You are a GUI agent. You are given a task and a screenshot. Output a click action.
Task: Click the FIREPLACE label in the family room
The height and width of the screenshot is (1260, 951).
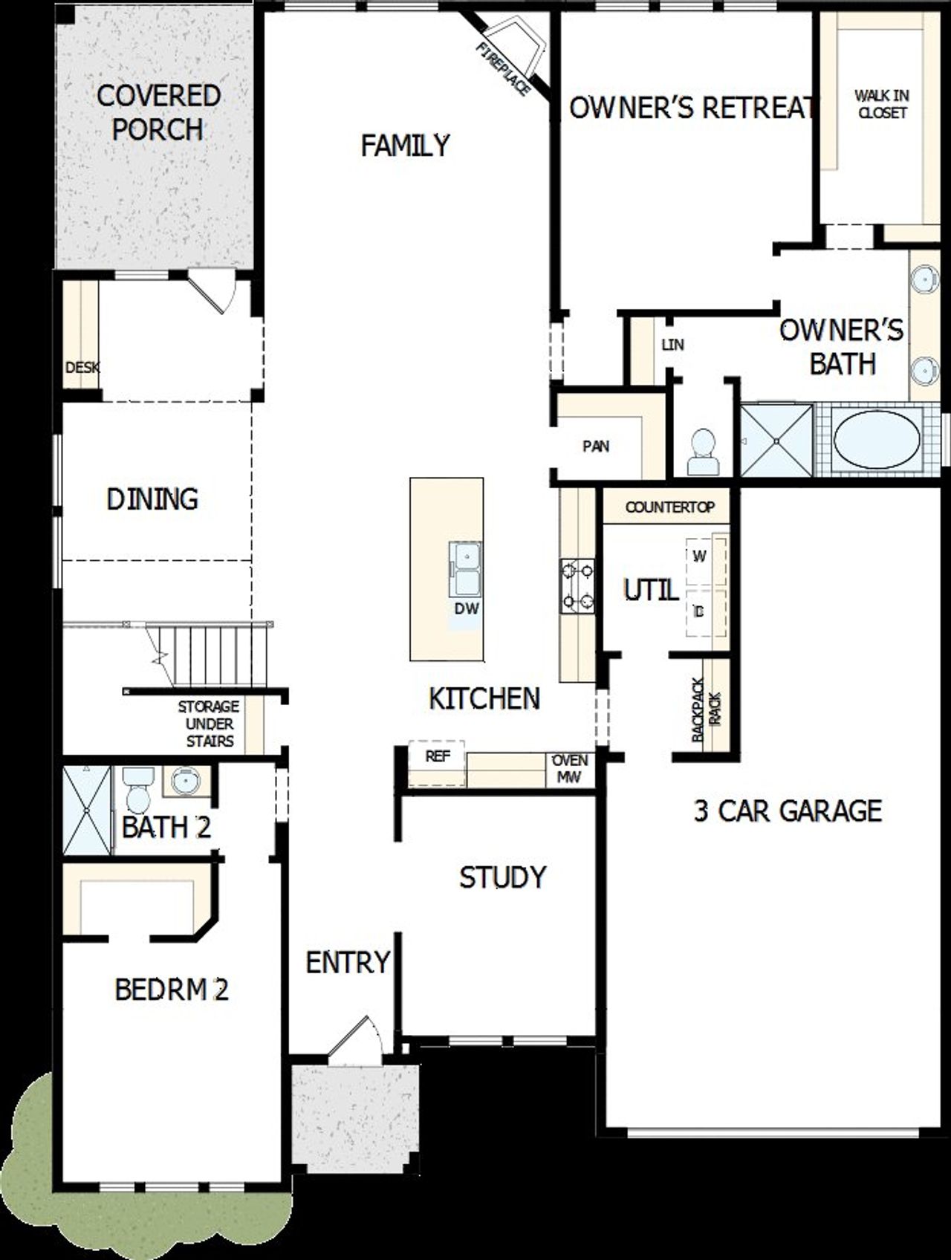tap(504, 69)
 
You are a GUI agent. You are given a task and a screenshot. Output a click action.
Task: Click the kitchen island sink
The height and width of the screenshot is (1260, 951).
tap(465, 569)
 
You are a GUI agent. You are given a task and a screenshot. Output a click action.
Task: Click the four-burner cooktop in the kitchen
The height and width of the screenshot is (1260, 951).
tap(577, 585)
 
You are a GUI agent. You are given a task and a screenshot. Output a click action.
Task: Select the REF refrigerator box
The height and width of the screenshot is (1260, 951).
tap(437, 757)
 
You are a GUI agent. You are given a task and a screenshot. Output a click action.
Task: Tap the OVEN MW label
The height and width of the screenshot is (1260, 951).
tap(570, 769)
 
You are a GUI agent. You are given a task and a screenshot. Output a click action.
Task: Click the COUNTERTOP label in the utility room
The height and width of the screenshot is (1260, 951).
tap(669, 507)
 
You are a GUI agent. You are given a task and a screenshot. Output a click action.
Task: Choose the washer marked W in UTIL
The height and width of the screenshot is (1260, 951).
tap(699, 556)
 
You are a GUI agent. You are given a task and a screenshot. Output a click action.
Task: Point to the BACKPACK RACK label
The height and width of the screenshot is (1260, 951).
tap(707, 709)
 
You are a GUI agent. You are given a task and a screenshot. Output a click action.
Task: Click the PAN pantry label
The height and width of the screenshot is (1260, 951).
tap(596, 446)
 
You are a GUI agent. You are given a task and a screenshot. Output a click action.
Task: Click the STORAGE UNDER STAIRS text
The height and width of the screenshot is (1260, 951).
tap(209, 724)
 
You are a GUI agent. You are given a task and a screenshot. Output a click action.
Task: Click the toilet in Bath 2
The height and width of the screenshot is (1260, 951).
tap(137, 791)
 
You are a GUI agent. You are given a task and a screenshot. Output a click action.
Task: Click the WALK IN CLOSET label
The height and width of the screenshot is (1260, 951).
tap(882, 104)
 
